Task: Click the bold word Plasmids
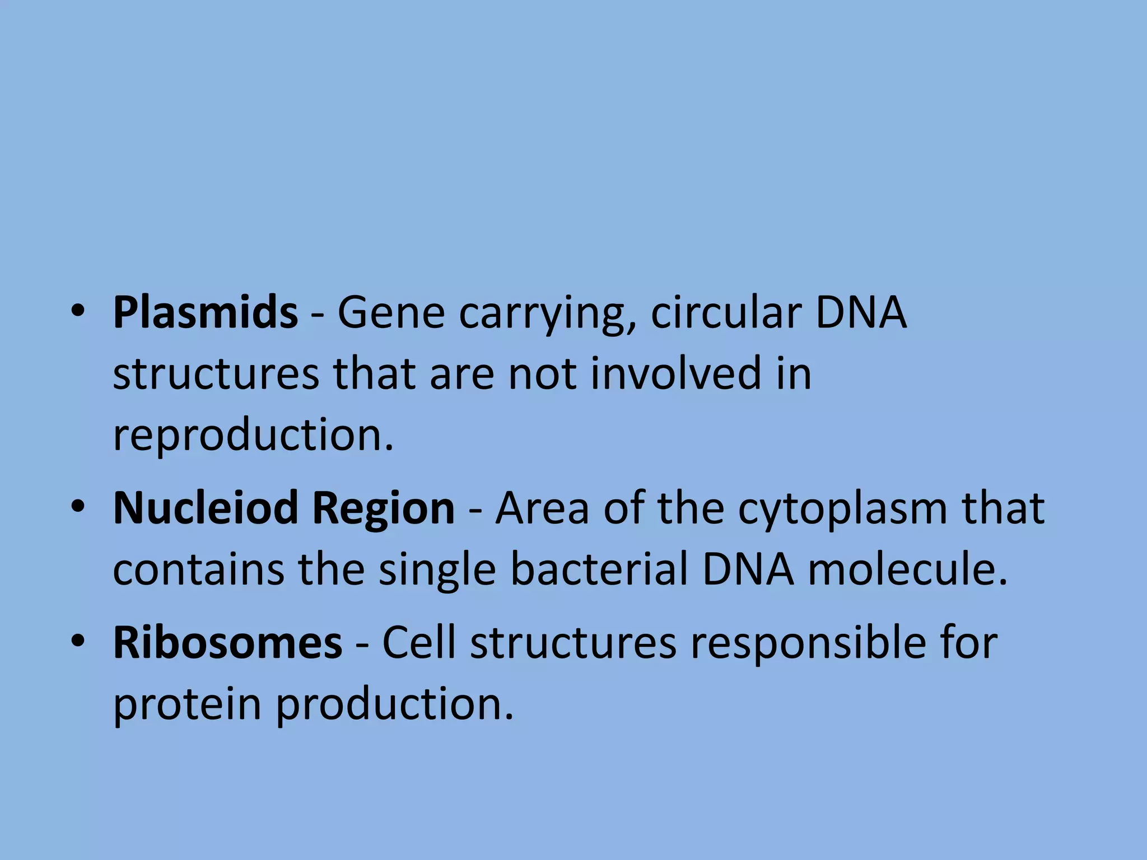205,312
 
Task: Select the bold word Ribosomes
227,643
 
